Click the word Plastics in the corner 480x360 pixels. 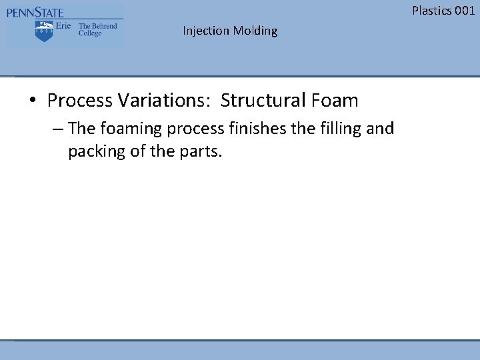[x=431, y=10]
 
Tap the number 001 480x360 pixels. [x=464, y=10]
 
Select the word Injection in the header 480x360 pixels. [x=206, y=31]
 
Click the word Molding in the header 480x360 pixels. [x=255, y=31]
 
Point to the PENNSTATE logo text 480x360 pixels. [x=35, y=13]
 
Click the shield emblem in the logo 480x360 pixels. [x=44, y=31]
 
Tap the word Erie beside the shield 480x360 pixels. [x=63, y=26]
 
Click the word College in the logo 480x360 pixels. [x=90, y=33]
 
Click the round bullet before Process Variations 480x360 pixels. [x=33, y=101]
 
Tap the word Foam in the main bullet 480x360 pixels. [x=333, y=101]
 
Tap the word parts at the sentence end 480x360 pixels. [x=200, y=151]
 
